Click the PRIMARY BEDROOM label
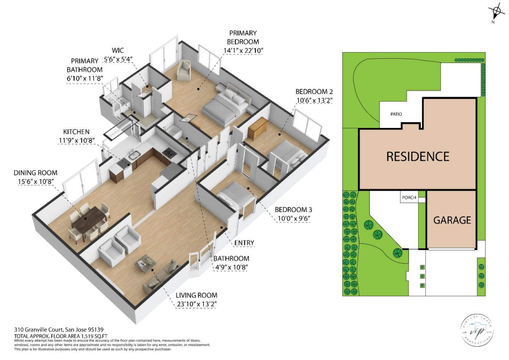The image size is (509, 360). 243,37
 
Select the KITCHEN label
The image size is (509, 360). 76,132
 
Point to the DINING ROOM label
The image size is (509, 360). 35,173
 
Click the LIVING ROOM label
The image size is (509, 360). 197,295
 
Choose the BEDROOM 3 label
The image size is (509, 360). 293,210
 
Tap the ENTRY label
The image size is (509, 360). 244,243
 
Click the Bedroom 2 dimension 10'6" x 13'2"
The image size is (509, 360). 314,100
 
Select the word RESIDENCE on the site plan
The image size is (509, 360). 417,157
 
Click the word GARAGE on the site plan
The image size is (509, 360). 452,220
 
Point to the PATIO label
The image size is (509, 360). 396,114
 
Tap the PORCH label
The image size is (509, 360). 409,197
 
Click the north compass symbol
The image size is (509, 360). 497,11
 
